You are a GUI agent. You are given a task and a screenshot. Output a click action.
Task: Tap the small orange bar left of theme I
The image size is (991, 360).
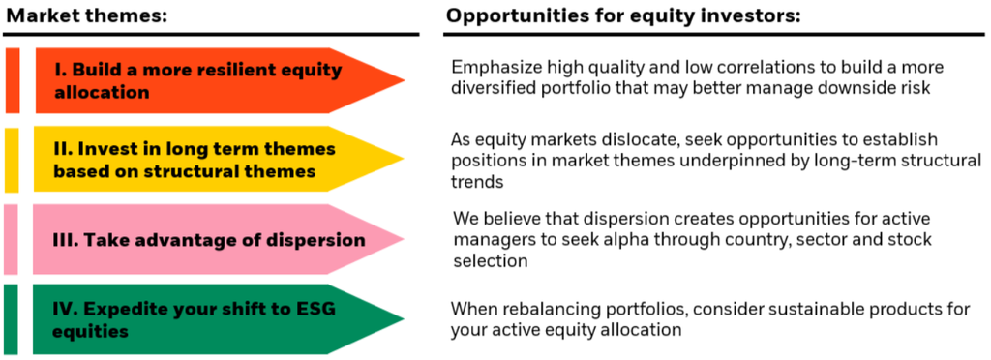click(12, 80)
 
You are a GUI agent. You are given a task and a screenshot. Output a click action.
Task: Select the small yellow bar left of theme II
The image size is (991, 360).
click(12, 160)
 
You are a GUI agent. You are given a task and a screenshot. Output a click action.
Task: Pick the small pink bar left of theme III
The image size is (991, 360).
click(12, 239)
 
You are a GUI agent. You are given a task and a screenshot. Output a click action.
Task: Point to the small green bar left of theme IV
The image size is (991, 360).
click(12, 318)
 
